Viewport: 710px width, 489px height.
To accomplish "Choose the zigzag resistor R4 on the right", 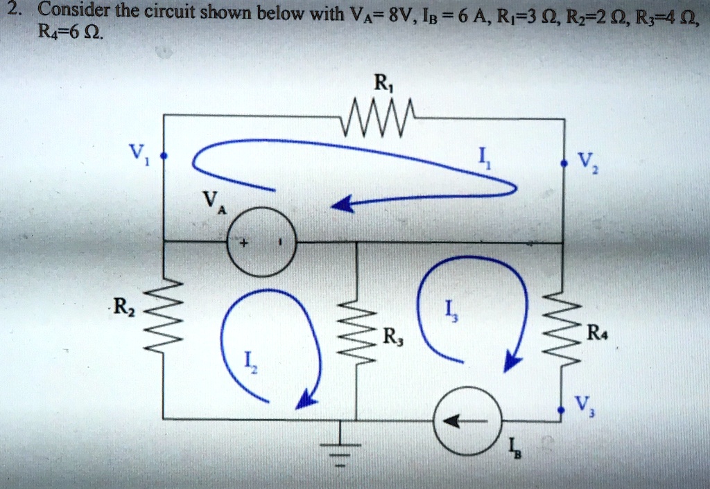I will [562, 326].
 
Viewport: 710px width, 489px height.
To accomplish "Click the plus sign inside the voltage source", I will [244, 245].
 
